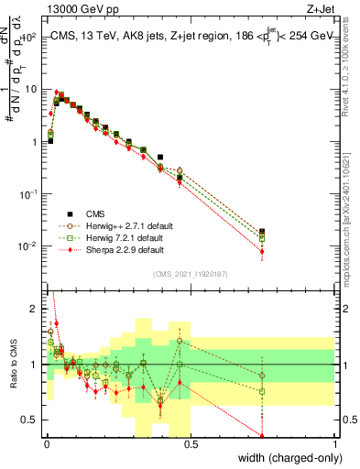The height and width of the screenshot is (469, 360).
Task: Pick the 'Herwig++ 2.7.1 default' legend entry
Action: [124, 224]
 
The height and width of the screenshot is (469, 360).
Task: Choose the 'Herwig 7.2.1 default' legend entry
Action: [121, 237]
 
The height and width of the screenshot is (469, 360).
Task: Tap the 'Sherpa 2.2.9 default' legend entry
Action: [121, 249]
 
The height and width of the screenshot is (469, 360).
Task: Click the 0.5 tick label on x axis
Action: [190, 442]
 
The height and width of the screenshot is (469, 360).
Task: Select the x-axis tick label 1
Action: [334, 442]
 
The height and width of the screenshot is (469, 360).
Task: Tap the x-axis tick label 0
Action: [46, 442]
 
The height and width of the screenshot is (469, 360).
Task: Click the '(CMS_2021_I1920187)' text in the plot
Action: [190, 274]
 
